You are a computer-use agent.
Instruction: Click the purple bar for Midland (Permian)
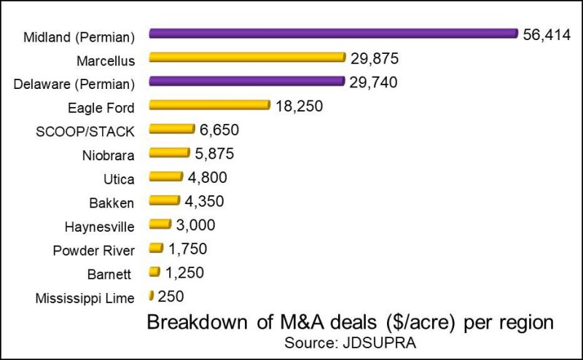333,34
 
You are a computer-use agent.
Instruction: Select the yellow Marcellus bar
246,58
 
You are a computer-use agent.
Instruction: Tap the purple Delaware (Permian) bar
246,82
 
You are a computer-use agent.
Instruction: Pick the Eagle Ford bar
209,106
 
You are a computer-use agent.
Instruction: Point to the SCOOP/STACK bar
172,130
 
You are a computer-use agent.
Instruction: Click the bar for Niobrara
169,153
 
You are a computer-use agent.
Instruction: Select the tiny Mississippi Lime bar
151,296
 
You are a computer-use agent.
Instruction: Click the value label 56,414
547,34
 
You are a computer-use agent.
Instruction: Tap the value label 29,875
374,58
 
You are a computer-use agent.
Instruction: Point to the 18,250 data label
299,106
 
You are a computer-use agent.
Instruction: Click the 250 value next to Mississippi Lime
170,297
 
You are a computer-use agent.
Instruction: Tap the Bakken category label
115,201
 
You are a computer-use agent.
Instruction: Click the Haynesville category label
100,226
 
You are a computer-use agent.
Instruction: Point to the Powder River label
94,250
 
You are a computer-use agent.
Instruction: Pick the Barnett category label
114,273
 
